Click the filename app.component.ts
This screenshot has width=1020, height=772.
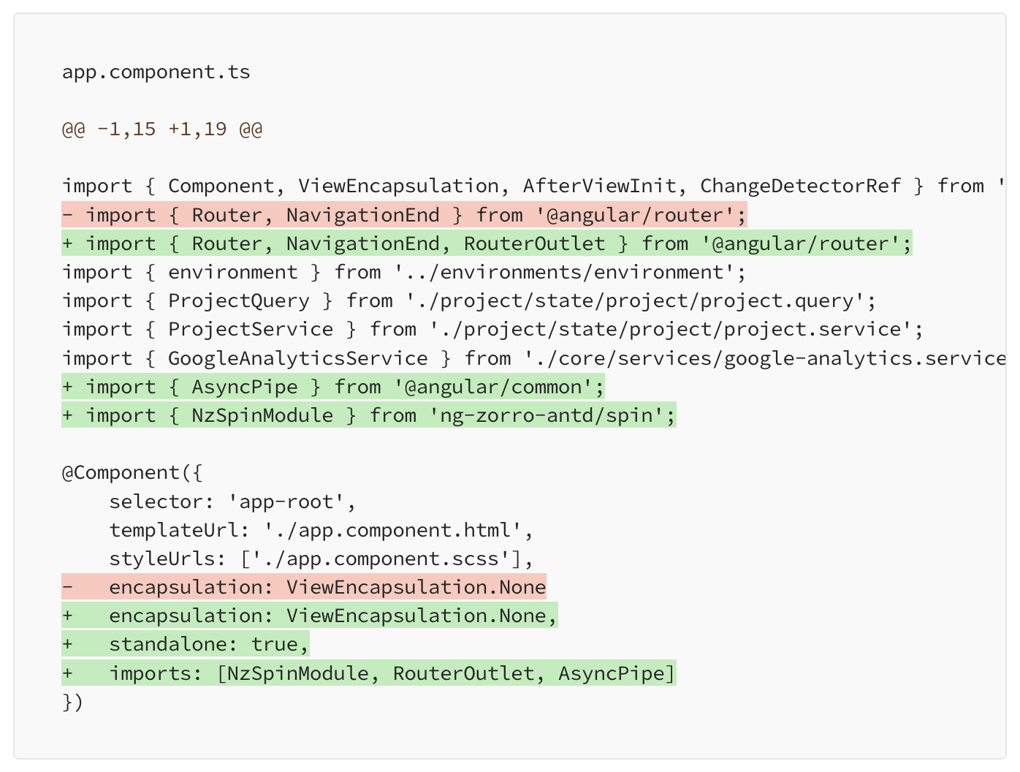pyautogui.click(x=156, y=72)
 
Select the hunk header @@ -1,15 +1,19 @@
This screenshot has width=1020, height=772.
pyautogui.click(x=162, y=129)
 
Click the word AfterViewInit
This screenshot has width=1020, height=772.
pyautogui.click(x=599, y=186)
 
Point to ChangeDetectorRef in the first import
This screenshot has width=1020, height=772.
pyautogui.click(x=800, y=186)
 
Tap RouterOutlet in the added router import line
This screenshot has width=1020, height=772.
pyautogui.click(x=534, y=243)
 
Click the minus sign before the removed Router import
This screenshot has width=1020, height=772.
pyautogui.click(x=68, y=215)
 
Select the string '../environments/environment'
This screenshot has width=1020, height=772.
pyautogui.click(x=564, y=273)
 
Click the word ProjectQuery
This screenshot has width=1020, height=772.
pyautogui.click(x=239, y=301)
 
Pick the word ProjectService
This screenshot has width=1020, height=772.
pyautogui.click(x=251, y=330)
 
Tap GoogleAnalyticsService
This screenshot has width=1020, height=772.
pyautogui.click(x=298, y=358)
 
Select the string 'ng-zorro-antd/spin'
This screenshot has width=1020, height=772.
pyautogui.click(x=547, y=415)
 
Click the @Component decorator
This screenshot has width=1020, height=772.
pyautogui.click(x=121, y=473)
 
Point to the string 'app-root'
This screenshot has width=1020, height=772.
pyautogui.click(x=286, y=502)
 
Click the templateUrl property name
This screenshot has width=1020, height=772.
pyautogui.click(x=174, y=530)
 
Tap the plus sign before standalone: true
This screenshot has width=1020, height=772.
pyautogui.click(x=68, y=644)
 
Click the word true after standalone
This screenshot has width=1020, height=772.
pyautogui.click(x=274, y=644)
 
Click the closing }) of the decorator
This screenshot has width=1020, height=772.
pyautogui.click(x=72, y=702)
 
